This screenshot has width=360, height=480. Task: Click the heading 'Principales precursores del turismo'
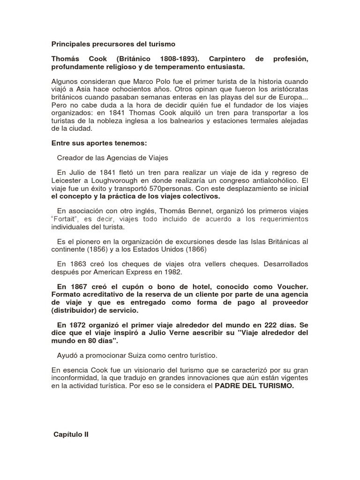tap(113, 44)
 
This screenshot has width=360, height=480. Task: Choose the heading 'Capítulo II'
tap(72, 434)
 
